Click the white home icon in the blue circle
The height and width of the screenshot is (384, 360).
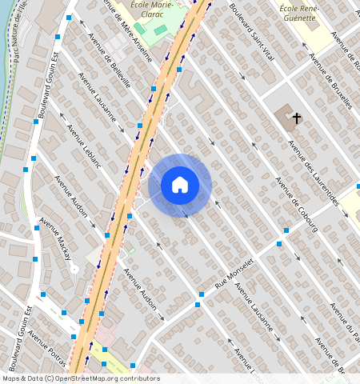point(180,185)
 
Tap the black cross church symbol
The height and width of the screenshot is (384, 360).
point(297,118)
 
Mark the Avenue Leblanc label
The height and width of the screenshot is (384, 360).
point(84,146)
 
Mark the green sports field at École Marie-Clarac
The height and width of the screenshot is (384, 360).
point(161,30)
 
